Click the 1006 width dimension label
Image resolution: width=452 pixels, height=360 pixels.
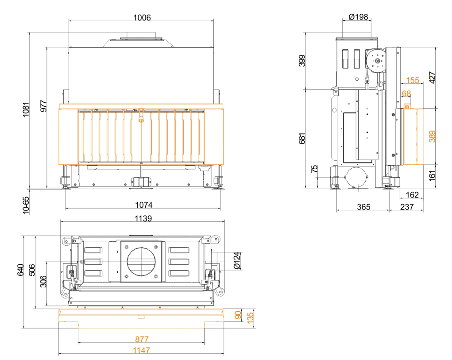[x=142, y=18]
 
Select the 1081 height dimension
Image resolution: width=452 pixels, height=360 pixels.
[x=26, y=109]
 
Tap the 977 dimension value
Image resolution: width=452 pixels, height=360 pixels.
[x=43, y=106]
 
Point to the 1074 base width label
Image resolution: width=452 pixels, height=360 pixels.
[x=144, y=205]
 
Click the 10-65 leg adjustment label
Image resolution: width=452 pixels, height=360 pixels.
[x=26, y=205]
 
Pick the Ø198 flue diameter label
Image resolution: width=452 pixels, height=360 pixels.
[x=358, y=17]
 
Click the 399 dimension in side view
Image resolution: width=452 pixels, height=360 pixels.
[x=302, y=61]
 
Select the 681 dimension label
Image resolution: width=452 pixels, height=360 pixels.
[x=302, y=138]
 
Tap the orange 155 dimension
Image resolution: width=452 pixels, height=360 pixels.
[x=413, y=80]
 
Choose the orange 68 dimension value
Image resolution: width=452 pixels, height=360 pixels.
[x=406, y=93]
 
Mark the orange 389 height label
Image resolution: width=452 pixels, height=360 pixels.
[x=432, y=136]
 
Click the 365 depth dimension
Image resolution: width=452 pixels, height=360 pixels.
[x=363, y=207]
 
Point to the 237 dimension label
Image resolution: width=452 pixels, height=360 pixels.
[x=407, y=207]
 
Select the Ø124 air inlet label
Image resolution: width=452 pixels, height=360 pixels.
[x=237, y=260]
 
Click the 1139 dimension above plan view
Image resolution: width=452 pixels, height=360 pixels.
[x=143, y=218]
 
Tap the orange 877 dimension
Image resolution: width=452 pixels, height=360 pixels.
[x=142, y=339]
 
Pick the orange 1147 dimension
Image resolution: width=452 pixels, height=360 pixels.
[x=141, y=350]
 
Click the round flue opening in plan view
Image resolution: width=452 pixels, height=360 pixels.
[x=141, y=262]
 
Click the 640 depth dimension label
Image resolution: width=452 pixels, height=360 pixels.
[x=20, y=270]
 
